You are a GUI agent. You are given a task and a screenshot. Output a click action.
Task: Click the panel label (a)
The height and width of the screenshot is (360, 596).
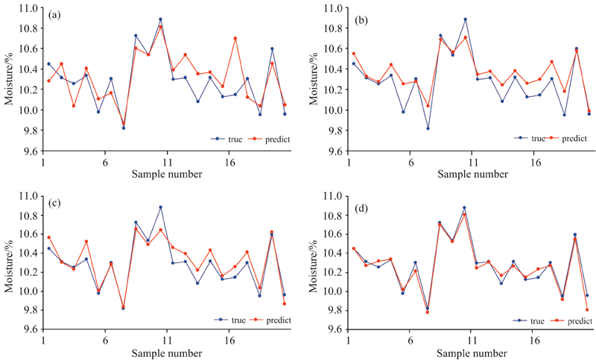point(54,16)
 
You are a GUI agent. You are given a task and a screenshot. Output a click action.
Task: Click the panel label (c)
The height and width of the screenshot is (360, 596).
point(54,203)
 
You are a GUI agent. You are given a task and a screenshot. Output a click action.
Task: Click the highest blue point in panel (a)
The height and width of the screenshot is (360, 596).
point(160,19)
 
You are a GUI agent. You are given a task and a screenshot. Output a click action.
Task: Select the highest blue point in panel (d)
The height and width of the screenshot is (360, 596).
point(465,208)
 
